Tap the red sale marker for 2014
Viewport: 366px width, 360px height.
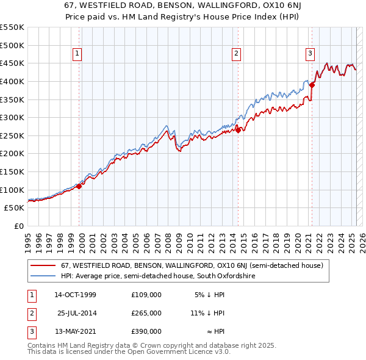(239, 129)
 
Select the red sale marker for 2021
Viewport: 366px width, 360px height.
(312, 84)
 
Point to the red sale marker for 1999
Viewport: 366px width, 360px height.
(79, 186)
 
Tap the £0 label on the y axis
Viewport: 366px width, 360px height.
(19, 226)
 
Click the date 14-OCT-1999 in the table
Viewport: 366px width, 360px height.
(75, 295)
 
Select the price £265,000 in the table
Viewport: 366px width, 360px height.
(146, 313)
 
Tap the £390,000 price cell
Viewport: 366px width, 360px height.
(146, 331)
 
